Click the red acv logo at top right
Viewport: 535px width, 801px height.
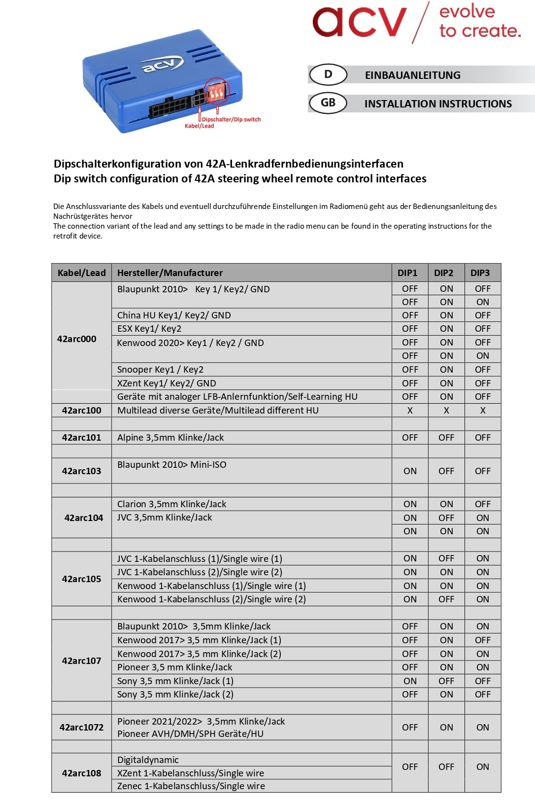(x=360, y=22)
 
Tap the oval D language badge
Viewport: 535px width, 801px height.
(x=328, y=74)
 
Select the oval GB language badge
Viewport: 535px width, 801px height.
(x=328, y=103)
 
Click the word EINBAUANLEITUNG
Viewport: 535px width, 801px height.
(x=412, y=75)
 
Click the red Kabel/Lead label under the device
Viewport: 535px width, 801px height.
(x=199, y=126)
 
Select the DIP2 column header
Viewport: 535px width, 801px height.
(x=443, y=273)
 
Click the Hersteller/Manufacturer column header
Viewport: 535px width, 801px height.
(x=170, y=273)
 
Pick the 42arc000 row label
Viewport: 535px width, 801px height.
(x=77, y=339)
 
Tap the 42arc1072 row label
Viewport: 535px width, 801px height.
(x=82, y=727)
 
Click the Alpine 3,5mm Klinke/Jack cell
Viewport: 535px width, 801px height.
(x=170, y=437)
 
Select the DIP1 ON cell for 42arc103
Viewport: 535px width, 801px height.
(x=410, y=471)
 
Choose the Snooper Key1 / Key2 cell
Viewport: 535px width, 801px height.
(x=160, y=369)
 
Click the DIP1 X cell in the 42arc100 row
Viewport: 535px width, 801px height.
(x=410, y=410)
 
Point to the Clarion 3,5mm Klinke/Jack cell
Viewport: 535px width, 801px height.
(x=171, y=504)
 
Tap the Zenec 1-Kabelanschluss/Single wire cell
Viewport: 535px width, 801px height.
(x=191, y=786)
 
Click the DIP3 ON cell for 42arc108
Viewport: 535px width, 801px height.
(x=483, y=766)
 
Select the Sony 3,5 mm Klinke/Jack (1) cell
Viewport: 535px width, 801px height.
(x=175, y=681)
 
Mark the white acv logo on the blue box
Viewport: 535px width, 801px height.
(x=162, y=65)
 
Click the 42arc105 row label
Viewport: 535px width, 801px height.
(x=82, y=579)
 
